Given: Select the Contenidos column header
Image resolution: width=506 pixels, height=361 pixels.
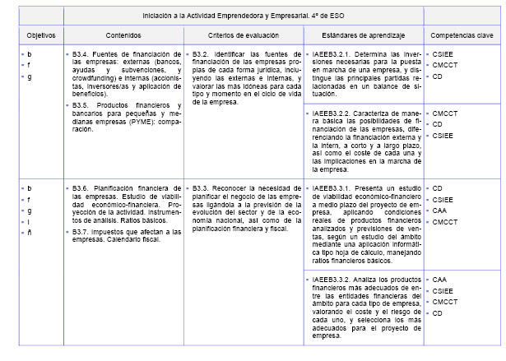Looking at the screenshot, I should pyautogui.click(x=123, y=36).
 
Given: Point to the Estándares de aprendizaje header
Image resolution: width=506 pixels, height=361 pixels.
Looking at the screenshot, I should pyautogui.click(x=362, y=36).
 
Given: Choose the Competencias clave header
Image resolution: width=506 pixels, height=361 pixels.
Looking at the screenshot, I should pyautogui.click(x=461, y=36).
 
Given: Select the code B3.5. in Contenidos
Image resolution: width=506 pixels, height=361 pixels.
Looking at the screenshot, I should pyautogui.click(x=81, y=106).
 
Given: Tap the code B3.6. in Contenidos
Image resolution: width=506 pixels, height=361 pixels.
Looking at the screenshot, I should pyautogui.click(x=81, y=188).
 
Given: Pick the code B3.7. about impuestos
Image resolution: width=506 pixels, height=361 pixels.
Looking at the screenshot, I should pyautogui.click(x=81, y=232).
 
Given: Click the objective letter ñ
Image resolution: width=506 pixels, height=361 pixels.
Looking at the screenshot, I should pyautogui.click(x=30, y=233).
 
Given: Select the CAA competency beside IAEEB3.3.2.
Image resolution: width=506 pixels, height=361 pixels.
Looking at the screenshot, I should pyautogui.click(x=439, y=280).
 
